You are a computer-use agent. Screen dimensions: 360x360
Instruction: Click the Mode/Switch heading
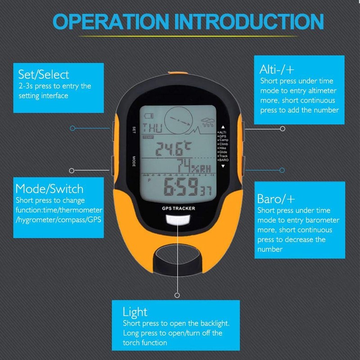point(49,188)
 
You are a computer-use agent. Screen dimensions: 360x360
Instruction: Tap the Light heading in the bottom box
point(135,311)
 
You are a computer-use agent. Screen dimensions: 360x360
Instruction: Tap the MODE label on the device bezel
point(134,161)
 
